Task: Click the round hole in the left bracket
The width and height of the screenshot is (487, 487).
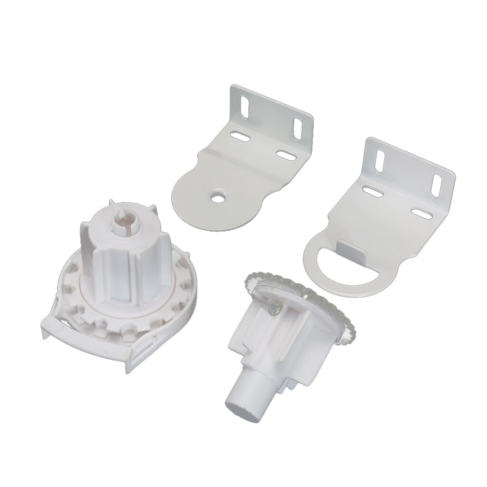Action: point(218,196)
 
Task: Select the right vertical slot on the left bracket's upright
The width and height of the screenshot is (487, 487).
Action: point(299,128)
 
